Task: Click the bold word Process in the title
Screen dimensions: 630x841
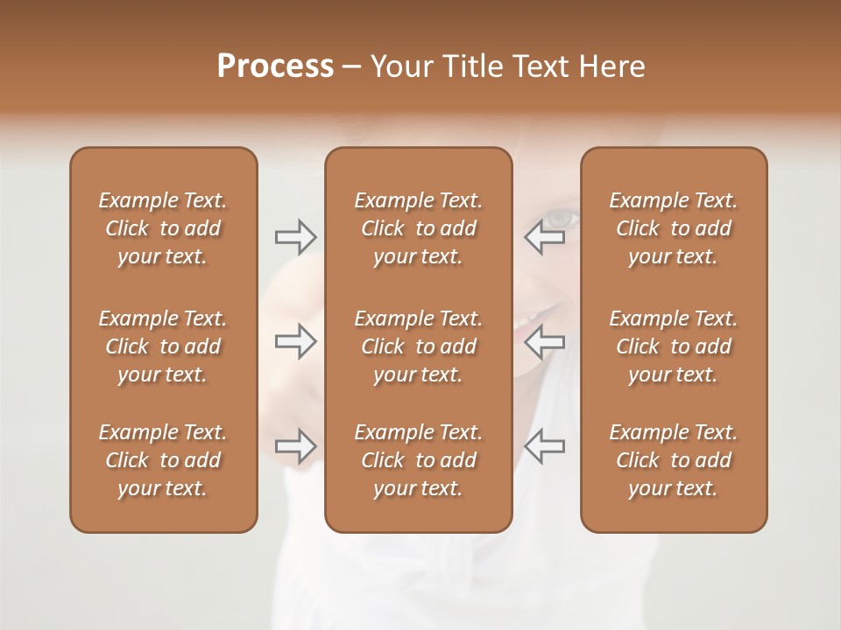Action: coord(275,66)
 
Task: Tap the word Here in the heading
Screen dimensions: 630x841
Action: coord(612,66)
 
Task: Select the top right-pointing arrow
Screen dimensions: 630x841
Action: coord(295,236)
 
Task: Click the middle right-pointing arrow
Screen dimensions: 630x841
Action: coord(295,341)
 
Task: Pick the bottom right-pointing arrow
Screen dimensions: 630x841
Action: coord(295,446)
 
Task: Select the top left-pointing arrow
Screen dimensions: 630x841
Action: coord(545,236)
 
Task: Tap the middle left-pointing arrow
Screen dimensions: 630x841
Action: coord(545,341)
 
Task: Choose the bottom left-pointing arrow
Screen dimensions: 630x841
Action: coord(545,446)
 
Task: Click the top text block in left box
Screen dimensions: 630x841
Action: coord(163,228)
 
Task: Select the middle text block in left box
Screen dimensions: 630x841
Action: coord(163,346)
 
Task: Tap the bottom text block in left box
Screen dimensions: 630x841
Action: coord(163,460)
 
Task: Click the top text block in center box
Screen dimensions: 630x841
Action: coord(418,228)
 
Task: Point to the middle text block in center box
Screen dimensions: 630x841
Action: coord(418,346)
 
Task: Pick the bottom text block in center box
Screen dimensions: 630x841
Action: coord(418,460)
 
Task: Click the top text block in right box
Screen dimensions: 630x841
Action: coord(674,228)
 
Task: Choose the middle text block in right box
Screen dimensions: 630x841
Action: coord(674,346)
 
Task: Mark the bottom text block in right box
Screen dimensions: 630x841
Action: coord(674,460)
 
